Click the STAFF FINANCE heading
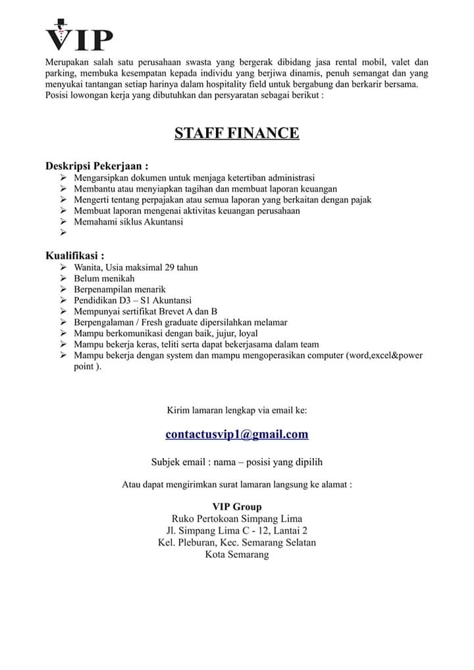(x=237, y=134)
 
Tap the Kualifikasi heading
(x=74, y=255)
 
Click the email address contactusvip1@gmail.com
(x=237, y=434)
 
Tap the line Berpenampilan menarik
(x=120, y=290)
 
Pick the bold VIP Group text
(x=237, y=507)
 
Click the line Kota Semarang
(x=237, y=555)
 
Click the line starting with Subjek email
(x=237, y=462)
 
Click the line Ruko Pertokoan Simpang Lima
(x=237, y=519)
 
